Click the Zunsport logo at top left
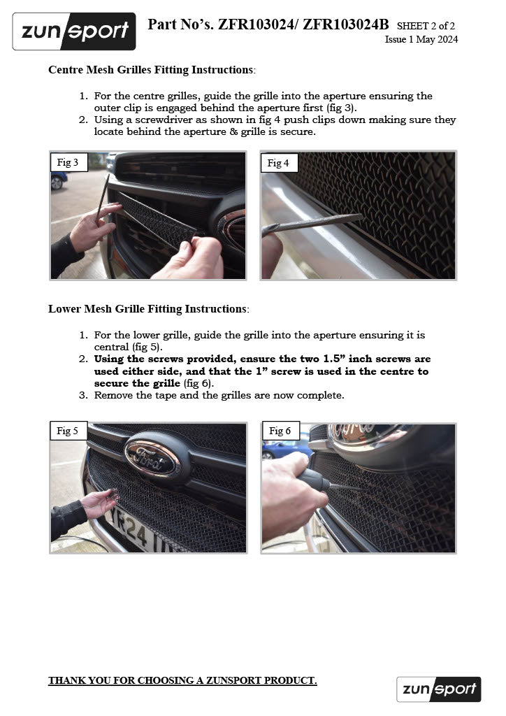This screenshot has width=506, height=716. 74,31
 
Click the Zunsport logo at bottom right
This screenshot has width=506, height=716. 438,689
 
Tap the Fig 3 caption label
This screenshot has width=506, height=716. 68,163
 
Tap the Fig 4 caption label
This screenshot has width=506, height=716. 278,163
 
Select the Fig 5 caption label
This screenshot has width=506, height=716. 68,431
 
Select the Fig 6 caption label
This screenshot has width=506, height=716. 280,431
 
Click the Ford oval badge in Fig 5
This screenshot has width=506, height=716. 152,458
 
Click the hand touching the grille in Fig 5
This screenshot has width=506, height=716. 98,503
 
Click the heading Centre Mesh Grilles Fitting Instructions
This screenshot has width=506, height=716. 150,70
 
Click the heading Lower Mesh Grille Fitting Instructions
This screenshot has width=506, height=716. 147,308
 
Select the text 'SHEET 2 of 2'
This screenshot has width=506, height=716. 426,27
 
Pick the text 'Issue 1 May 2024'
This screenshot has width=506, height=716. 421,40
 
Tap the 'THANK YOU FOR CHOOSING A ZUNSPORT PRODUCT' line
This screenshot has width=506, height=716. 182,680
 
